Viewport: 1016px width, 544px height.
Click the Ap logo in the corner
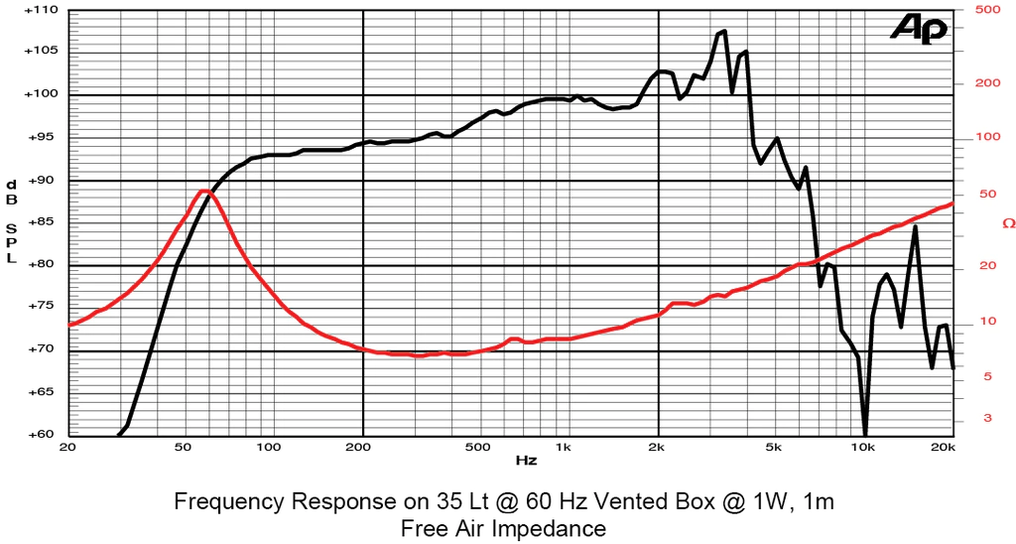(918, 29)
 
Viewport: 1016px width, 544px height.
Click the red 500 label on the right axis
(986, 10)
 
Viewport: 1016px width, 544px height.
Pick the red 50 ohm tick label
(986, 194)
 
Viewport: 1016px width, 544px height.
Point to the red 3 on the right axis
(986, 418)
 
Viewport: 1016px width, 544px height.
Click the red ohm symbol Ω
(1008, 223)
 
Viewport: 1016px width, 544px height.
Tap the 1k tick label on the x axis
(564, 447)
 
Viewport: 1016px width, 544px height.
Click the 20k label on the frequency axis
(943, 447)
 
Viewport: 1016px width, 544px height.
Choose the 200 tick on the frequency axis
(363, 447)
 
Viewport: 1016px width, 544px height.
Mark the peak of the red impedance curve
(203, 191)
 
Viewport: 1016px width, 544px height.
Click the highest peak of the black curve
(723, 31)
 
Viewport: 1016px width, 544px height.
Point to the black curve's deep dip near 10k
(865, 432)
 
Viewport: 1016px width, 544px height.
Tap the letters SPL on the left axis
(11, 243)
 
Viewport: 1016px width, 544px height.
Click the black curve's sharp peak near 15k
(915, 227)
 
